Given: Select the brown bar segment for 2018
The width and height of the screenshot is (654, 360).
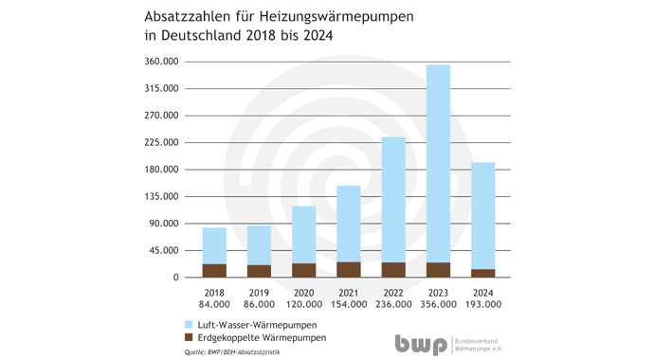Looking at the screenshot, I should point(214,270).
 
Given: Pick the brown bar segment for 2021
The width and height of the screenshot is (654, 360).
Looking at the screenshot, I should point(349,269).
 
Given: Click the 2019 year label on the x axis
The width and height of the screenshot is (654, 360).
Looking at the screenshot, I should point(259,293).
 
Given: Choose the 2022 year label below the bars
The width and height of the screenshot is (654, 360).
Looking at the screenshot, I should point(393,293).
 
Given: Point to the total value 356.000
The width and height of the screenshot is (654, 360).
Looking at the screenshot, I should point(438,304).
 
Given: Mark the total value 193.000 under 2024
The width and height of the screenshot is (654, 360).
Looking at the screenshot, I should point(483,304).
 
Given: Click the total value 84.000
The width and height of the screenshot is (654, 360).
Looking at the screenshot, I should point(214,304).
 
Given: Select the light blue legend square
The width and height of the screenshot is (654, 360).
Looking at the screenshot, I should point(189,325).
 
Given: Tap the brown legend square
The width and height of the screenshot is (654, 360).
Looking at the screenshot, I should point(189,337).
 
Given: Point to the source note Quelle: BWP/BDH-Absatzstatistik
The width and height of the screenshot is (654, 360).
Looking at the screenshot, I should point(232,352).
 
